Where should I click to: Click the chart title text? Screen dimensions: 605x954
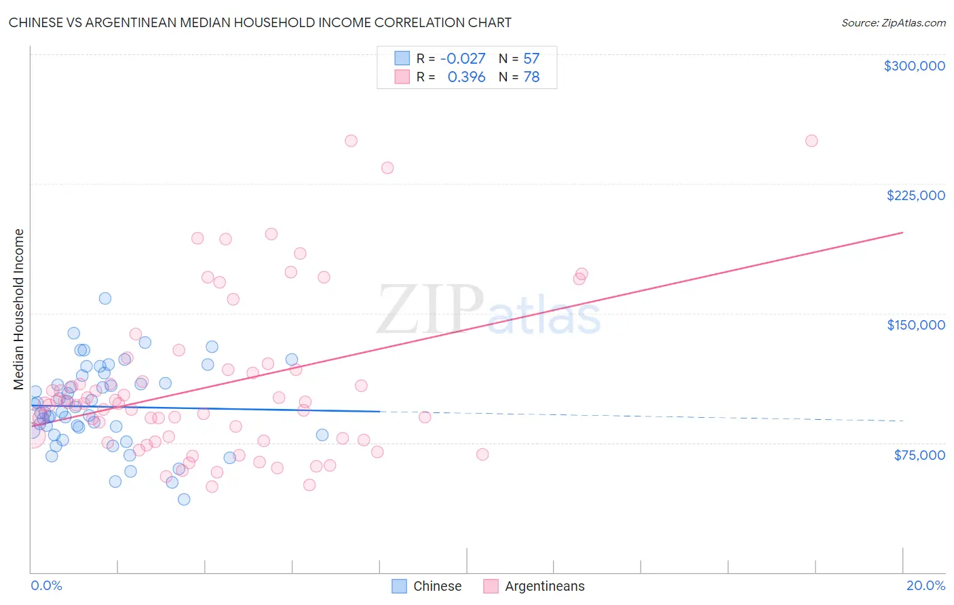[260, 22]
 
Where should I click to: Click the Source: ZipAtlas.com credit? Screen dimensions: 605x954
[893, 22]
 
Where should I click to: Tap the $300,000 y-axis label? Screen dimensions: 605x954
[914, 66]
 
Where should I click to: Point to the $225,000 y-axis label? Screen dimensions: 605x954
[915, 195]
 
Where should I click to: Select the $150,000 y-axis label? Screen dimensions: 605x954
[915, 325]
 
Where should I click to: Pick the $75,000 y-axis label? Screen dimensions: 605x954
[919, 455]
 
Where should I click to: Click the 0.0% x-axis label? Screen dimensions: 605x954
[46, 585]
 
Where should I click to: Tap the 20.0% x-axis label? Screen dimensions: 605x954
[926, 585]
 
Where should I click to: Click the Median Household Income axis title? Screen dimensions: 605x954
[19, 309]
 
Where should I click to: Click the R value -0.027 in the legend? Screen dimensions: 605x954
[463, 58]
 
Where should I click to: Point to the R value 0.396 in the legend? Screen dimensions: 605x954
[466, 77]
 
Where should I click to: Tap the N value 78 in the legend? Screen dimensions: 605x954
[531, 77]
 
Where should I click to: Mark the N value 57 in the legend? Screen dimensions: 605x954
[531, 58]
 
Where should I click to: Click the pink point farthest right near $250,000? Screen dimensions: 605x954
[812, 141]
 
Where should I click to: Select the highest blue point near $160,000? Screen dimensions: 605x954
[105, 298]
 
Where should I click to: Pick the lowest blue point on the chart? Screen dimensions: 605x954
[184, 499]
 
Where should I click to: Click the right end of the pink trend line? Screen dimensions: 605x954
[902, 233]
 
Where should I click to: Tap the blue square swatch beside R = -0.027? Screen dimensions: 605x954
[402, 58]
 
